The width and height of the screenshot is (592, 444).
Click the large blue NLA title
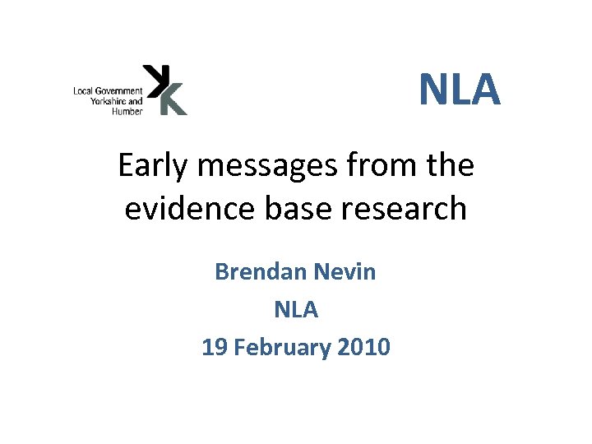(x=460, y=90)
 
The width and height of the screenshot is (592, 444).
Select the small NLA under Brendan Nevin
(x=295, y=309)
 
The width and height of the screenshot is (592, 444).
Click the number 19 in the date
(x=215, y=347)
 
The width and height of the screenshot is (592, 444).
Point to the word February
(x=284, y=347)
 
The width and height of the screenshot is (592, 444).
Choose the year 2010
(x=363, y=347)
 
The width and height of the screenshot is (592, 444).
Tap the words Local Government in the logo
(x=108, y=90)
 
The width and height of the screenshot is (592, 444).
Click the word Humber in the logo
(x=127, y=111)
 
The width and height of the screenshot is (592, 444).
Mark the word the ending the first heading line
(x=451, y=166)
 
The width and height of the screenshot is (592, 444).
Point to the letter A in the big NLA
(x=484, y=90)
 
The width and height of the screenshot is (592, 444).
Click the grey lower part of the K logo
(x=173, y=102)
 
